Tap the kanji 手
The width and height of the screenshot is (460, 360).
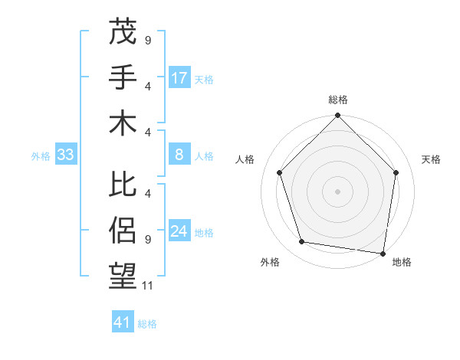[123, 77]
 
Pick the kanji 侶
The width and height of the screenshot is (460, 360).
[123, 231]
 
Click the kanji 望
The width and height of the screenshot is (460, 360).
[123, 277]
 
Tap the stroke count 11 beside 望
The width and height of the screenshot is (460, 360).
[149, 286]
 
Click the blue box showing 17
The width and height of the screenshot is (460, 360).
[179, 77]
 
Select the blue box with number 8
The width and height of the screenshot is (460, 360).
[179, 155]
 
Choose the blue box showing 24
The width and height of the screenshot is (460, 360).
[179, 231]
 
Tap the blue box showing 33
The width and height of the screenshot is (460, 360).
[66, 155]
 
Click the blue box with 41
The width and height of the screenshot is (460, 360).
[123, 322]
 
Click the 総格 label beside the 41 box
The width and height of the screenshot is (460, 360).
[147, 324]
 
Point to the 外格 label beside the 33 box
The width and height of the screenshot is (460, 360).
[41, 156]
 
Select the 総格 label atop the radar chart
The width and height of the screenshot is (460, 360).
[338, 100]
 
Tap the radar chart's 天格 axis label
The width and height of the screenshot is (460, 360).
[432, 159]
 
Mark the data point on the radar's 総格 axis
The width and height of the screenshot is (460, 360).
[338, 116]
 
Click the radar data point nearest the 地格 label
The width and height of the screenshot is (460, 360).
[383, 252]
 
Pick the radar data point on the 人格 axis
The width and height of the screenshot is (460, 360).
[280, 172]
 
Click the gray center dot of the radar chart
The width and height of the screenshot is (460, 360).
[338, 191]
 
